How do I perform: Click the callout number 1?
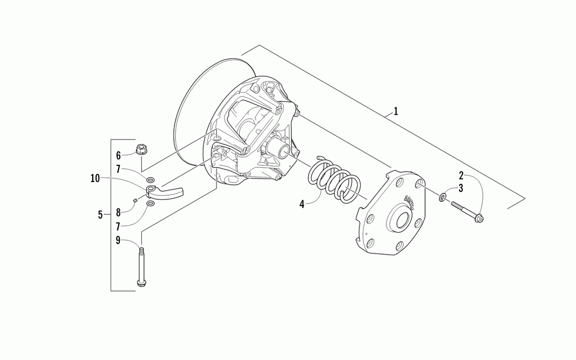click(x=396, y=112)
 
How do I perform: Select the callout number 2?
click(x=461, y=175)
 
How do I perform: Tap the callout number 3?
click(x=461, y=188)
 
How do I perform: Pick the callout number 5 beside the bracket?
click(x=100, y=215)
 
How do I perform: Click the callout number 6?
click(x=119, y=156)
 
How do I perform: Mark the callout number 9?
click(x=119, y=241)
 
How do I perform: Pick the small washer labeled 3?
click(x=442, y=198)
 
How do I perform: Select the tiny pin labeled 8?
click(x=134, y=200)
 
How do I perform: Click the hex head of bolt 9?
click(x=140, y=282)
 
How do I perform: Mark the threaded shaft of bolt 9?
click(x=140, y=262)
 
